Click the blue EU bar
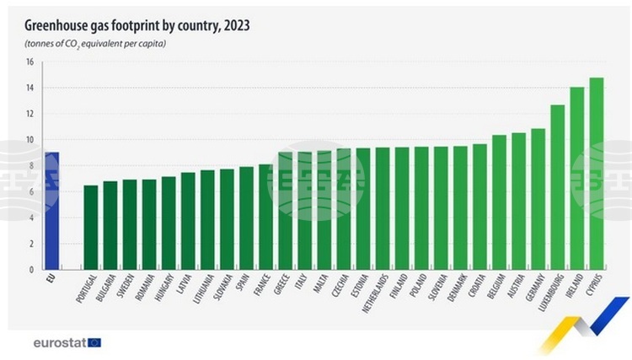(51, 211)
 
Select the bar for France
(265, 217)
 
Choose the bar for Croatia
(479, 207)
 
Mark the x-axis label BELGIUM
(499, 287)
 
